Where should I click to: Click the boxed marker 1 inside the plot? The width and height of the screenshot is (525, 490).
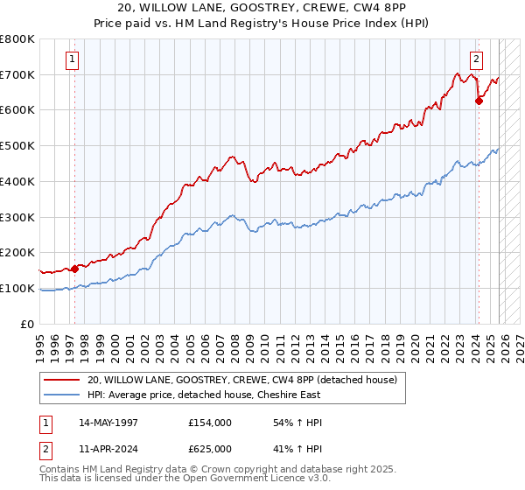72,59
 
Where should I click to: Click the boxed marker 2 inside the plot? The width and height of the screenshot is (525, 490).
476,59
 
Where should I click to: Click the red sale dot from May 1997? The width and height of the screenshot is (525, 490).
75,269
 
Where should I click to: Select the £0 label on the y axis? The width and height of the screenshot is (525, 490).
26,324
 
